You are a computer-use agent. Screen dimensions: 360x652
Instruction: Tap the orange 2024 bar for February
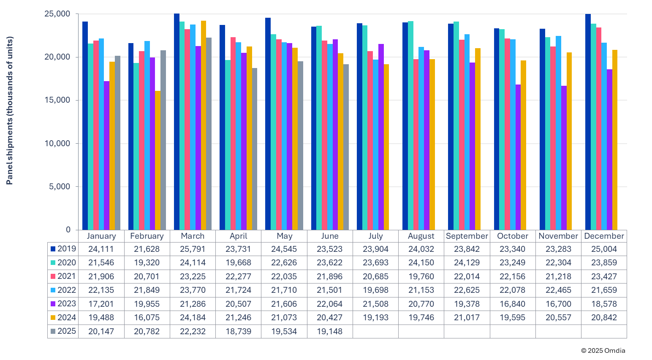click(x=158, y=161)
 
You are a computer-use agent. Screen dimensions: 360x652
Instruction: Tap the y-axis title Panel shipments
click(x=10, y=111)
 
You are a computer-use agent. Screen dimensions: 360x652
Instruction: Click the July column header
click(x=375, y=236)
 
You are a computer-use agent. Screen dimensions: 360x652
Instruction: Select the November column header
click(x=558, y=236)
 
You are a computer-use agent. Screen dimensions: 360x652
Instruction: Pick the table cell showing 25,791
click(x=193, y=249)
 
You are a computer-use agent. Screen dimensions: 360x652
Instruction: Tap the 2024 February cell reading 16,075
click(x=147, y=318)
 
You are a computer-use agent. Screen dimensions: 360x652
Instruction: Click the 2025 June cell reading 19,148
click(x=329, y=331)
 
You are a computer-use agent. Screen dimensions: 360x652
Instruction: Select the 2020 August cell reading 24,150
click(x=421, y=262)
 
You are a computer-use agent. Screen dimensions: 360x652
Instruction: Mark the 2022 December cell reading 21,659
click(x=604, y=290)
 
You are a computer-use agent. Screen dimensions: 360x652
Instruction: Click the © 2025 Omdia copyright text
click(x=603, y=351)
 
